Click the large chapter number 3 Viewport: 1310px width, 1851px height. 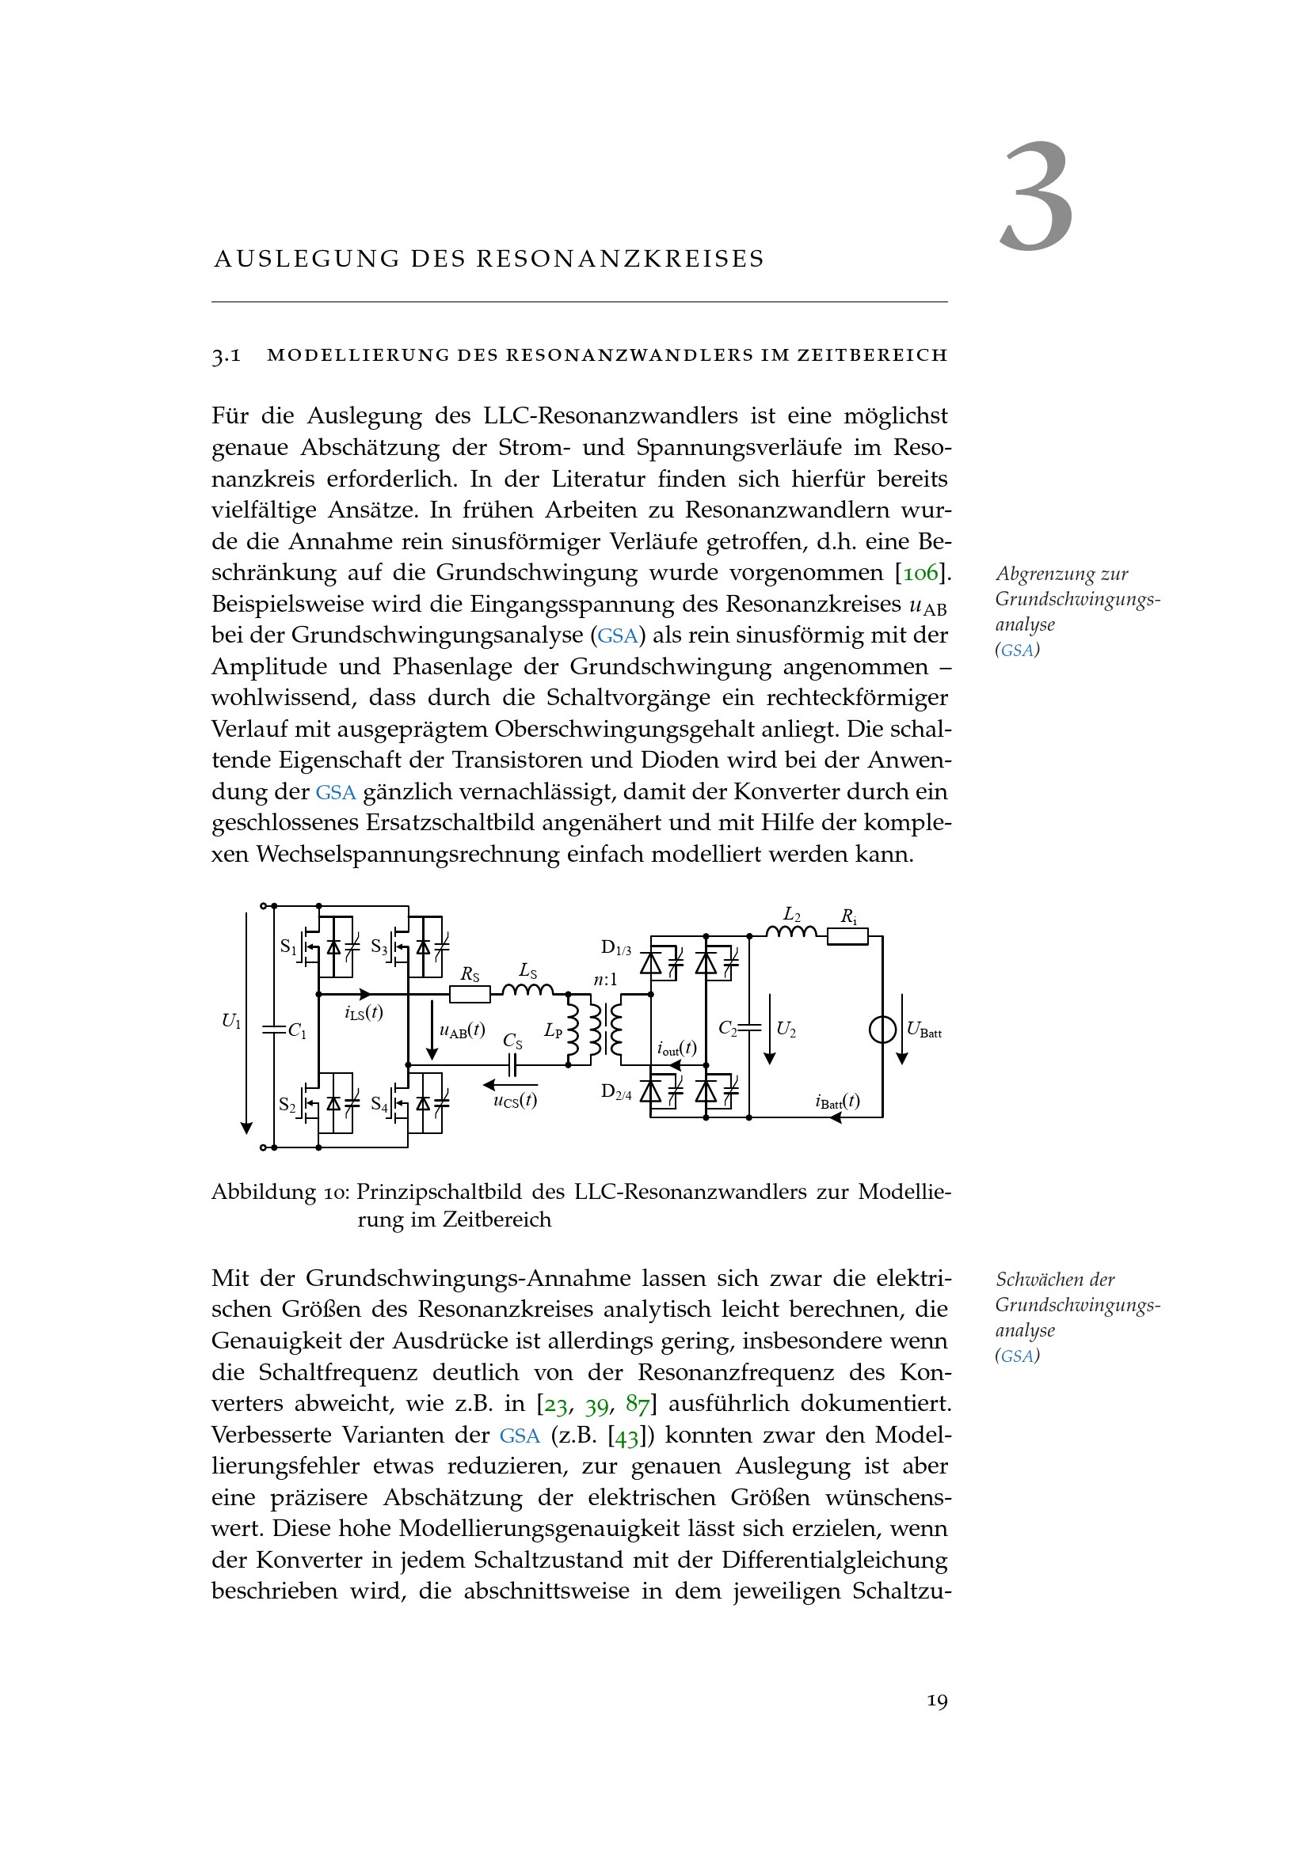click(1037, 197)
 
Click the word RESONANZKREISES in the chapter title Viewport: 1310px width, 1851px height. click(620, 259)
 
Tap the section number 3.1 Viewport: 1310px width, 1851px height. click(226, 355)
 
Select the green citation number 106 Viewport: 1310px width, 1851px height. click(920, 573)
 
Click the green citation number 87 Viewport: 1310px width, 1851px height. click(638, 1405)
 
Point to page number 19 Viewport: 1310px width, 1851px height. click(937, 1702)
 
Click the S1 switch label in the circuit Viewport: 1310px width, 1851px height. click(288, 946)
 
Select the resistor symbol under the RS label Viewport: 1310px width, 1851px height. click(470, 995)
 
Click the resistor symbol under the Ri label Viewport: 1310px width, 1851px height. click(847, 936)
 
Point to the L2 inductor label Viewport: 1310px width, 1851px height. click(792, 915)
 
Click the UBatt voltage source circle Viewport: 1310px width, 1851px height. click(882, 1030)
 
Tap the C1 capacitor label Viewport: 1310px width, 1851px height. click(298, 1031)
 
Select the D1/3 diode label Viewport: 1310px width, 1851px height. click(616, 947)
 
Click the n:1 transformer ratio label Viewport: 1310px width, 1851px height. click(605, 980)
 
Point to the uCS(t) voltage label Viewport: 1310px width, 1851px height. click(516, 1101)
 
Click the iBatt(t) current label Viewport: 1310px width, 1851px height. click(837, 1102)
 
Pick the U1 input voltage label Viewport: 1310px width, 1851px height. click(231, 1022)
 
